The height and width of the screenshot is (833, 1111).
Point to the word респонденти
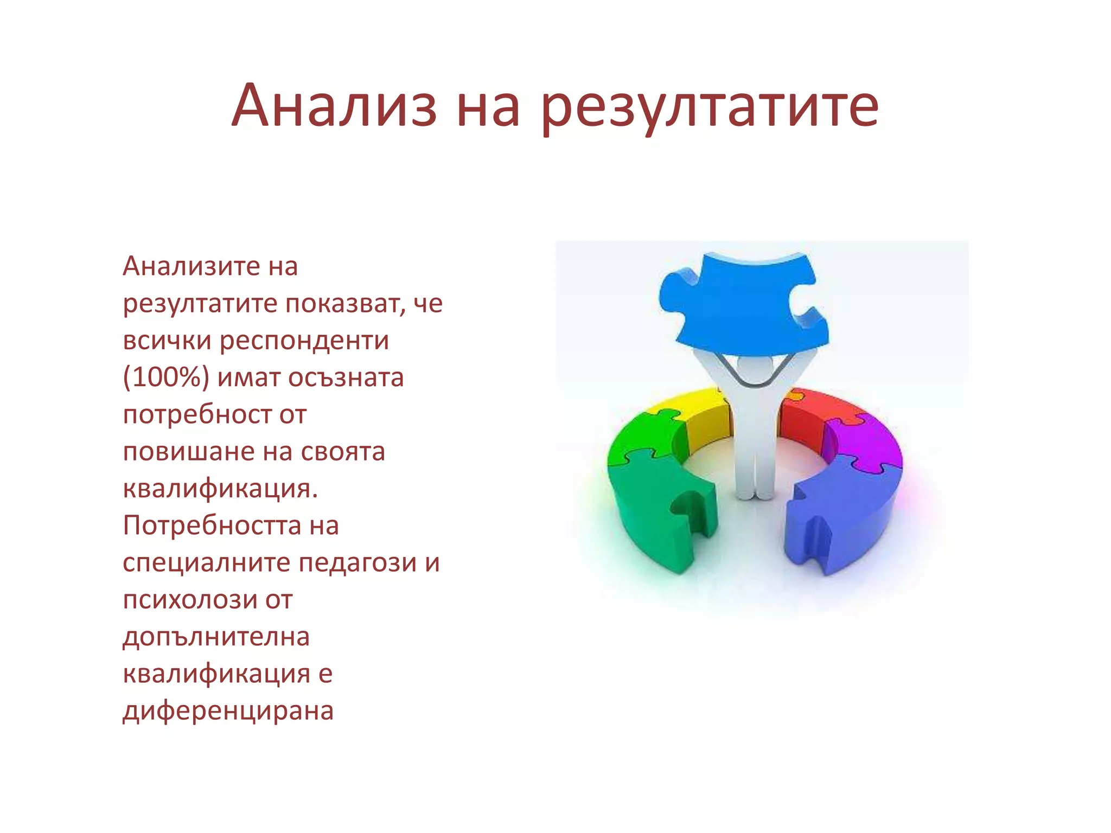click(x=304, y=341)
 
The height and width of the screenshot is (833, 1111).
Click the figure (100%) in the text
click(x=166, y=377)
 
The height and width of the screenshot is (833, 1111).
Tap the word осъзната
click(x=346, y=377)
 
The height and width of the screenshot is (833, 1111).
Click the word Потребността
click(x=212, y=526)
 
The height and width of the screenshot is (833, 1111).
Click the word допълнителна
click(x=216, y=637)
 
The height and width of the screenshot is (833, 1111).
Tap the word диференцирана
click(x=228, y=711)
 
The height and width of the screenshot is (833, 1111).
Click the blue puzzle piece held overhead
click(x=743, y=304)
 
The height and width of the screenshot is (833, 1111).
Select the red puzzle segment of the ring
click(x=803, y=418)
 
